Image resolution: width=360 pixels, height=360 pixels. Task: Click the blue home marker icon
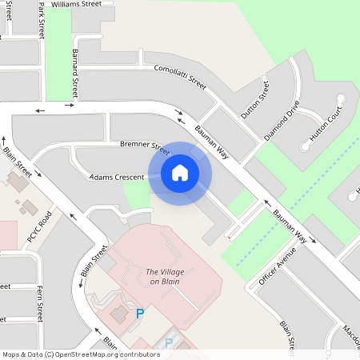click(180, 172)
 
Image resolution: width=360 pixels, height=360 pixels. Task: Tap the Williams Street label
click(76, 4)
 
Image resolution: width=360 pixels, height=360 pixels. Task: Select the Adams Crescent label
click(117, 176)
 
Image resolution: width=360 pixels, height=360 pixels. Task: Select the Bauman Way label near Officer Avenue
click(290, 226)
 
